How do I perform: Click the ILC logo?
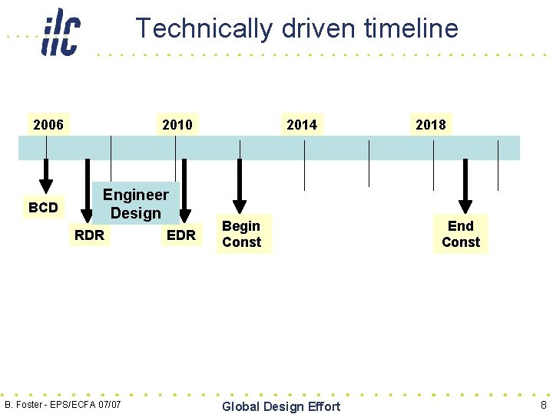[x=61, y=32]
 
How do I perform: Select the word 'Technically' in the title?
[x=204, y=28]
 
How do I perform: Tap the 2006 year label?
[x=48, y=124]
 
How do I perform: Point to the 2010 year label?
[x=177, y=124]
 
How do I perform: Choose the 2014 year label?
[x=301, y=124]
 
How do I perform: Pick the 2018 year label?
[x=430, y=124]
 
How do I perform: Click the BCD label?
[x=43, y=208]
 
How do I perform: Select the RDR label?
[x=89, y=235]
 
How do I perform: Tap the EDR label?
[x=181, y=235]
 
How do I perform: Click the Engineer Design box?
[x=135, y=204]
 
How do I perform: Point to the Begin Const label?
[x=241, y=234]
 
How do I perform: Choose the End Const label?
[x=461, y=234]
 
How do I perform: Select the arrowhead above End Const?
[x=465, y=205]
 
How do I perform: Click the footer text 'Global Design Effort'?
[x=281, y=406]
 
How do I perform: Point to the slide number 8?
[x=543, y=405]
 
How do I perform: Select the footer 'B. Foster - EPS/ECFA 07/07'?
[x=63, y=404]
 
